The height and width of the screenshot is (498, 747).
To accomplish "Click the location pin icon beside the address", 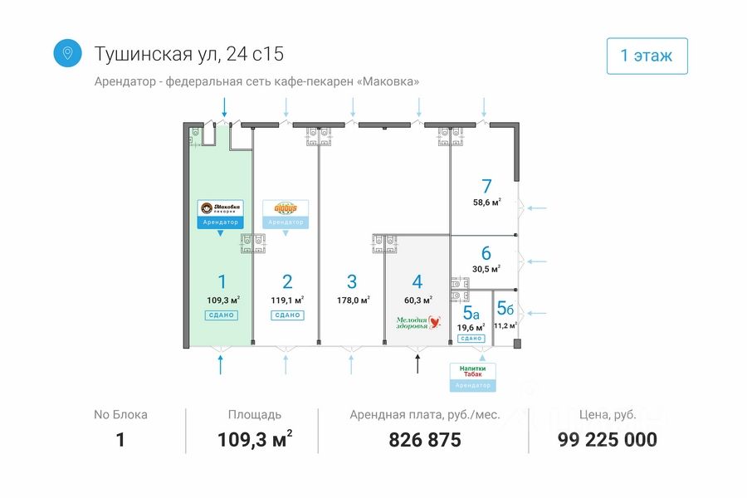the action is [x=67, y=53].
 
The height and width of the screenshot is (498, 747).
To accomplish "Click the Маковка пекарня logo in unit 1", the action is [x=220, y=208].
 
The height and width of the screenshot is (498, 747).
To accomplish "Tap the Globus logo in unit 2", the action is [x=286, y=207].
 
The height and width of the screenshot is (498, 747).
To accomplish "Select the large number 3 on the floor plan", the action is [x=352, y=281].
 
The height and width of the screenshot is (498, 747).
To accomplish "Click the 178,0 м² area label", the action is [x=353, y=300].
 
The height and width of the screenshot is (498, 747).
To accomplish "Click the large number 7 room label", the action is [x=487, y=186].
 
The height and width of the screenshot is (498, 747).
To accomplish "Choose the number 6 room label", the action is [x=486, y=253].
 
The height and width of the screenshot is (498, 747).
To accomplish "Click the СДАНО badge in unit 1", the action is [x=221, y=315].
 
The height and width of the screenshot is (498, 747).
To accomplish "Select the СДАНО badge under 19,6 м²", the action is [x=471, y=339].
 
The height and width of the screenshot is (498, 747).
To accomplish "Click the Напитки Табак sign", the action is [x=472, y=370].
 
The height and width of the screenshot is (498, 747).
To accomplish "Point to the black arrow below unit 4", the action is [x=418, y=363].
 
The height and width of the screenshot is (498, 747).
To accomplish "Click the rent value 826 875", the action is [x=424, y=440].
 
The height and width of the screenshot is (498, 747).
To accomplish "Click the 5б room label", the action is [x=505, y=309].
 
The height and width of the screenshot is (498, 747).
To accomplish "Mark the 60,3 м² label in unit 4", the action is [x=417, y=300].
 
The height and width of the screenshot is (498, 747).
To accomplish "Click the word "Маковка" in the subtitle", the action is [x=387, y=81].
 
